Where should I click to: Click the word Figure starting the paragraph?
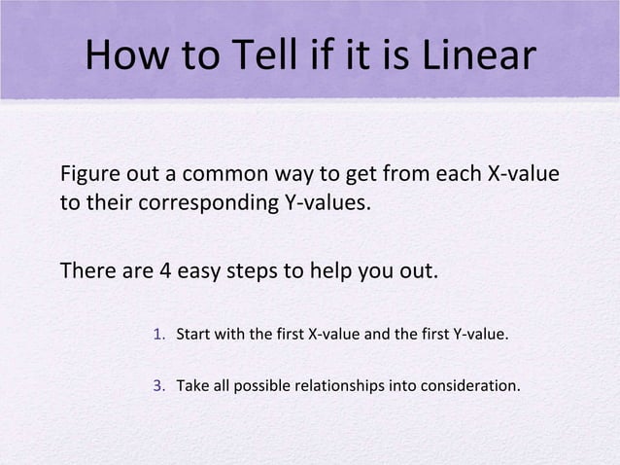coord(88,177)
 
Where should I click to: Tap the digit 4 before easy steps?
coord(162,269)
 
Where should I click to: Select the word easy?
coord(197,269)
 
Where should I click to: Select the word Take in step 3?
coord(191,386)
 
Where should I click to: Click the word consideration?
coord(468,386)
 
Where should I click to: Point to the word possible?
coord(259,386)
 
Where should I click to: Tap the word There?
coord(87,269)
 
